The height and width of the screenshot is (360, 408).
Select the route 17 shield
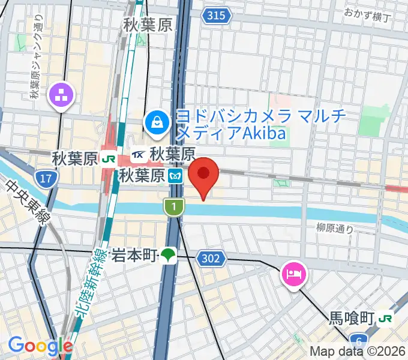tap(43, 178)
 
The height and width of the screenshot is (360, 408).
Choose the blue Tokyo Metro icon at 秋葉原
tap(175, 176)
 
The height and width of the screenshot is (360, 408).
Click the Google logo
tap(40, 346)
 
